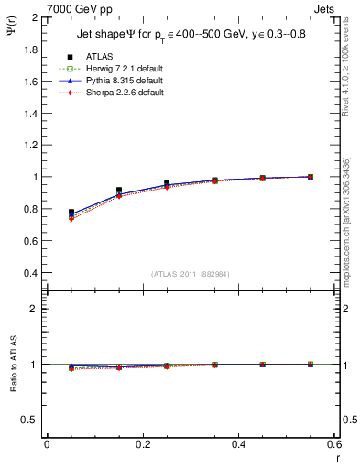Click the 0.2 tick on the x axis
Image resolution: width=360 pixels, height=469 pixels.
pos(142,444)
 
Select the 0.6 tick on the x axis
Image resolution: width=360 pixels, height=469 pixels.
pos(333,444)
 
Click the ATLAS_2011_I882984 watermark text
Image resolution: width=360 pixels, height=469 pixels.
pos(190,274)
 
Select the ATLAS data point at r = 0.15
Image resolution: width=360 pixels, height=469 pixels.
pos(119,191)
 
